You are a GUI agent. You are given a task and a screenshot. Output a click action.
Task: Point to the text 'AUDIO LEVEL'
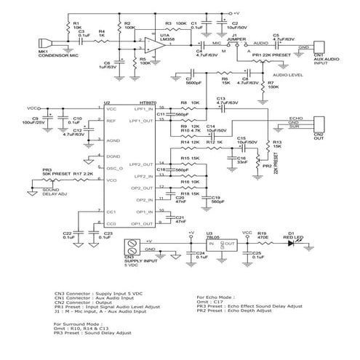(x=287, y=74)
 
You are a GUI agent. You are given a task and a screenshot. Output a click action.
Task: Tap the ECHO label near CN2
(x=295, y=117)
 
